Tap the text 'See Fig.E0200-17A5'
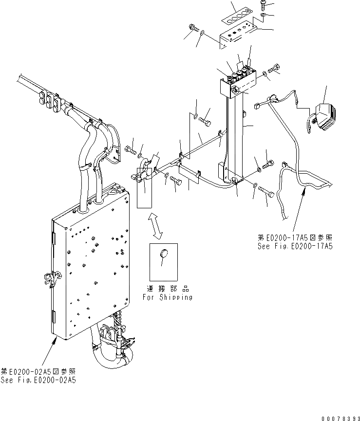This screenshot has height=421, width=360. click(x=295, y=247)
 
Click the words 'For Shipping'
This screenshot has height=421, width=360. click(x=167, y=297)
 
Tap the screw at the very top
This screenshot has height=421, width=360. click(x=263, y=5)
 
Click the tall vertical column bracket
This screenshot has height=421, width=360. click(x=235, y=131)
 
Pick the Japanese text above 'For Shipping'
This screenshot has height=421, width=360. click(x=167, y=288)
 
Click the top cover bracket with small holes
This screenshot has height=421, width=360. click(x=237, y=36)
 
